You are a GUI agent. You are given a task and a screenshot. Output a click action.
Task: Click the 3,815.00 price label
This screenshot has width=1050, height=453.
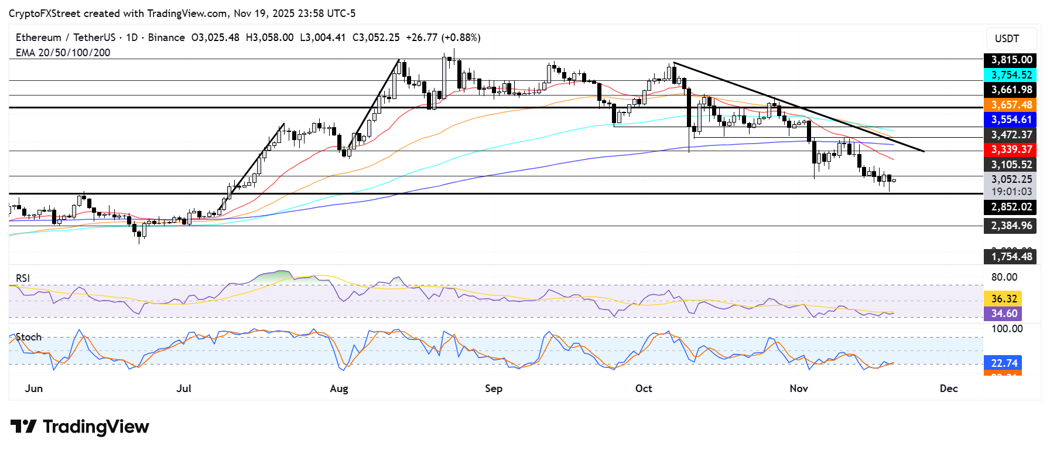(x=1011, y=60)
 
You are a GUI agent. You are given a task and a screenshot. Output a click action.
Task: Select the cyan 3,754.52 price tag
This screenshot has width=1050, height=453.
(x=1011, y=75)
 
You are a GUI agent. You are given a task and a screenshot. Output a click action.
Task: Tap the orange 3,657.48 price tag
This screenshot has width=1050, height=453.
(x=1011, y=105)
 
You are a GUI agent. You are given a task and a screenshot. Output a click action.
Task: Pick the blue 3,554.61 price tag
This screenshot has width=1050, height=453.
(x=1011, y=120)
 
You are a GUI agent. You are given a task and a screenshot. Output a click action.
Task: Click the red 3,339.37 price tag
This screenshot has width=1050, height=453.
(x=1011, y=149)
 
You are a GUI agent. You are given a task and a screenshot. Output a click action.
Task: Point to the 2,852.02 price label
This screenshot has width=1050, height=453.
(x=1011, y=207)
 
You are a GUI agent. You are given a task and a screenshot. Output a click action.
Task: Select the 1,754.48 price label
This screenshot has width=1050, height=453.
(x=1011, y=257)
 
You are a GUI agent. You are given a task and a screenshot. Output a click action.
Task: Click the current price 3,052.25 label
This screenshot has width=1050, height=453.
(x=1011, y=179)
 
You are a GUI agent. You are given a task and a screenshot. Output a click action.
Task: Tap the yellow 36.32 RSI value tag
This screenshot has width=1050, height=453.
(x=1004, y=299)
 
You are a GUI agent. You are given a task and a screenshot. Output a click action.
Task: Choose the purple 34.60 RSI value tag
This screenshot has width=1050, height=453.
(x=1004, y=314)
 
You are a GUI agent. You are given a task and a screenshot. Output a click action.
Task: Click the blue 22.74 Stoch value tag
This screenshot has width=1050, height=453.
(x=1004, y=363)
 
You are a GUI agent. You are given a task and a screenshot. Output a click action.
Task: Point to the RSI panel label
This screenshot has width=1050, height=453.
(x=23, y=278)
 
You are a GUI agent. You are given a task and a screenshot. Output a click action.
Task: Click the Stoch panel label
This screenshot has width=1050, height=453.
(x=29, y=337)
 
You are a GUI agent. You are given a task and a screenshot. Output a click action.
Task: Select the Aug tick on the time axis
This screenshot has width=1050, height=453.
(x=339, y=389)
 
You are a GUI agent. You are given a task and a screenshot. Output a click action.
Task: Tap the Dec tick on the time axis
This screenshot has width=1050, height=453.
(x=949, y=389)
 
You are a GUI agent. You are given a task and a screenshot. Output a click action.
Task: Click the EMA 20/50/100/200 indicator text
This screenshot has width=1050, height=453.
(x=63, y=53)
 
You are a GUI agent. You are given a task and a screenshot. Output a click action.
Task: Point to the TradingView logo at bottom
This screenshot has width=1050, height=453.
(x=80, y=427)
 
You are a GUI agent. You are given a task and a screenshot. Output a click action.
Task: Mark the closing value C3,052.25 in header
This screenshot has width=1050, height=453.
(x=376, y=38)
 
